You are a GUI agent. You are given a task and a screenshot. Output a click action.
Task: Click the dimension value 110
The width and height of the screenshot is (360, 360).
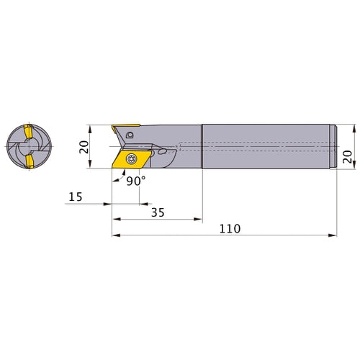coord(230,229)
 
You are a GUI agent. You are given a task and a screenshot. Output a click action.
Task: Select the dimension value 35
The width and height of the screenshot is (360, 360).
coord(158,212)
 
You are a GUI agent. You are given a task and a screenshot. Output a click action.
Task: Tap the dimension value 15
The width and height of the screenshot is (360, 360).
coord(76,197)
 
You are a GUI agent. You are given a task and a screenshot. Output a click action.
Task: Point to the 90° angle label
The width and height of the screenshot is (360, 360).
coord(136,181)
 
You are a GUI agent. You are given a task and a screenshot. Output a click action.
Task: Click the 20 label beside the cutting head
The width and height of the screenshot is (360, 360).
coord(84,147)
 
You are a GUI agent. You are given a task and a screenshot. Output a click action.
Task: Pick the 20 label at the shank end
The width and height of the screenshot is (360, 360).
coord(347,157)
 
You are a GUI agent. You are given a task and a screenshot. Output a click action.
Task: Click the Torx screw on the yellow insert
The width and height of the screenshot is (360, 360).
coord(131,158)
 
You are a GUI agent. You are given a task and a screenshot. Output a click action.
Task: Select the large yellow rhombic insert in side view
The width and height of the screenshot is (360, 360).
coord(132,159)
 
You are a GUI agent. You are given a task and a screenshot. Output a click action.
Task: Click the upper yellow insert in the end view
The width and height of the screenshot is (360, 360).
coord(28,131)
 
